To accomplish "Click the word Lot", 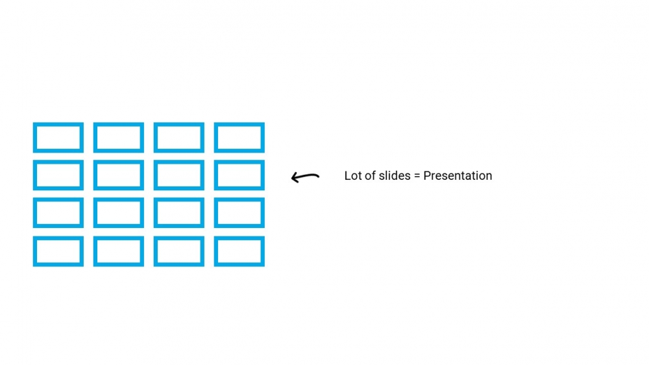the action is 353,175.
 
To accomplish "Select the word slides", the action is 395,175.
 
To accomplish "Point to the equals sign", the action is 417,176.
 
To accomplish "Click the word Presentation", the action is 458,175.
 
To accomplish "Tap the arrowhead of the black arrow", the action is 293,178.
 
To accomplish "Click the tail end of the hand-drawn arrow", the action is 318,177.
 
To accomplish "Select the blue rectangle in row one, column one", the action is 58,124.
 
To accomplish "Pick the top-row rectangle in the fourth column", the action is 239,124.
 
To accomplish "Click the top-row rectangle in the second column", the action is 119,124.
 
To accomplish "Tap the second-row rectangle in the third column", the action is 179,162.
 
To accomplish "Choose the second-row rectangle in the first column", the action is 58,162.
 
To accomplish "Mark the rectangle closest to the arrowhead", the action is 239,162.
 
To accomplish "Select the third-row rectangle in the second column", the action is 119,199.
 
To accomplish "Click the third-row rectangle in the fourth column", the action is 239,199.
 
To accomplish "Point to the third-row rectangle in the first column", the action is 58,199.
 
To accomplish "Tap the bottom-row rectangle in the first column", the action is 58,238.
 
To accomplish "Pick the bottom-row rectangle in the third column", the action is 179,238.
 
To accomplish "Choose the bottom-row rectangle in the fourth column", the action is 239,238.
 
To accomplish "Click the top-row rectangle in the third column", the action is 179,124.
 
